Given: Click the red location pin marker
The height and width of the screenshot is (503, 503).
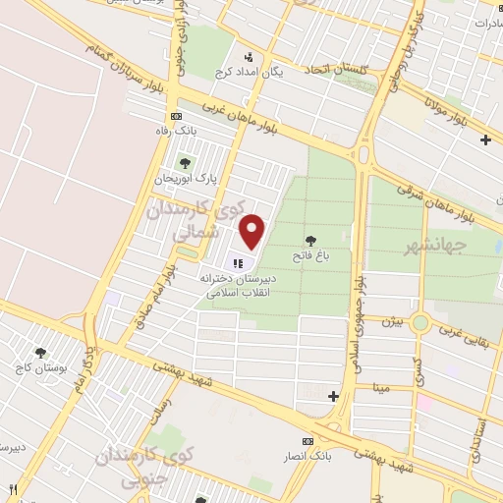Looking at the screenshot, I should tap(253, 231).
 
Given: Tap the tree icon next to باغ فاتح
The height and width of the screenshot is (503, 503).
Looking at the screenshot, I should tap(311, 240).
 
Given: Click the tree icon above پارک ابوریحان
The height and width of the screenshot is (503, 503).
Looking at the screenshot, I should tap(183, 163).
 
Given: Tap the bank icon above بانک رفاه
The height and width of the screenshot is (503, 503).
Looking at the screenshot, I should tap(176, 116).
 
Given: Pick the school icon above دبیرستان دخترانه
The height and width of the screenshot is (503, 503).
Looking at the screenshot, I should tap(237, 262).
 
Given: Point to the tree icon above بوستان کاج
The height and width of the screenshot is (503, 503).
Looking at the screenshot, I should tap(40, 353).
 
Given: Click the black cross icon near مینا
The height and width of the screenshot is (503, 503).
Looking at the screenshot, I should tap(333, 397).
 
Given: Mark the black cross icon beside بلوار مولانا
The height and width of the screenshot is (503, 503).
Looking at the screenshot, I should tap(485, 140).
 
